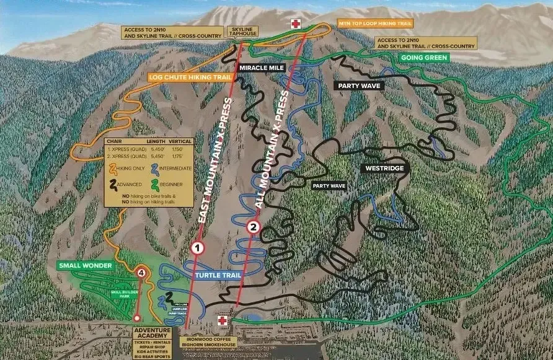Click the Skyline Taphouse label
click(x=242, y=32)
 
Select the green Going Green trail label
click(x=424, y=58)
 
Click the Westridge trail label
click(x=384, y=168)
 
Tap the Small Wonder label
click(x=86, y=266)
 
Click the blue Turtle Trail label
click(x=217, y=274)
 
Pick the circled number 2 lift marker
click(x=253, y=227)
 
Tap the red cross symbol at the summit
click(x=296, y=24)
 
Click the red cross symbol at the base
click(x=223, y=320)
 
